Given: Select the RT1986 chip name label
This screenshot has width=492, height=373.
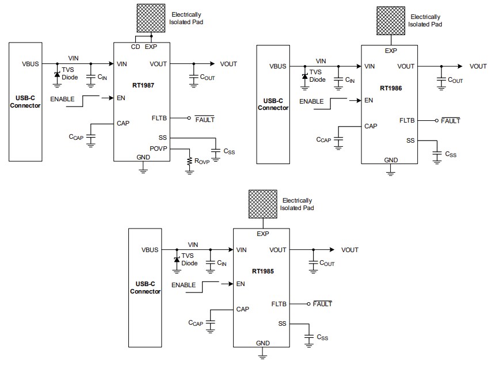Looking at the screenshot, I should point(391,88).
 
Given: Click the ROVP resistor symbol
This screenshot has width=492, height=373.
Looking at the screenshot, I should point(189,162).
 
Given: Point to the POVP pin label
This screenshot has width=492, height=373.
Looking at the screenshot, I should point(158,149).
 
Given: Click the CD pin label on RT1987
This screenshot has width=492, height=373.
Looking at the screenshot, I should point(136,47).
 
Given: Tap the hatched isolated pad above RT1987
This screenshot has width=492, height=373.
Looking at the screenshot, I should point(151,17).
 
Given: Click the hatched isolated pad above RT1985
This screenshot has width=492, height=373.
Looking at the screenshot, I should point(263,204).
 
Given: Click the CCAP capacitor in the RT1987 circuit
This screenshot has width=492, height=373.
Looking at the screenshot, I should point(91,137).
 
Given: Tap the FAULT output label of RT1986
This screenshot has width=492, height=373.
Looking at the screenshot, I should point(450,121).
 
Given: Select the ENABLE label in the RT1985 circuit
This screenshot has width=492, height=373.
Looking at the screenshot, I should point(184,285).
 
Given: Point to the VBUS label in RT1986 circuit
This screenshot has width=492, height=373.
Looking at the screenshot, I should point(278,66).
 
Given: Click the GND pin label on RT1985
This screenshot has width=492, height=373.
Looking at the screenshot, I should point(262,343).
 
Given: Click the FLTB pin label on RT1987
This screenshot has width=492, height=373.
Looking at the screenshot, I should point(159,117).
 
